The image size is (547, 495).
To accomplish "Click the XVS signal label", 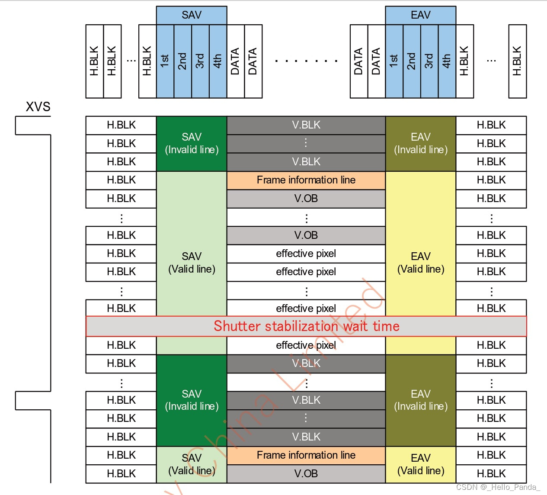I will [38, 106].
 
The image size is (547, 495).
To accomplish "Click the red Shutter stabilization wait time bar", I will [306, 326].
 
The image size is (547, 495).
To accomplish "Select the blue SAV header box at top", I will [192, 15].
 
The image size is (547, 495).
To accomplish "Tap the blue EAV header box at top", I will [420, 15].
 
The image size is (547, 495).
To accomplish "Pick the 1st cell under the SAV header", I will [165, 61].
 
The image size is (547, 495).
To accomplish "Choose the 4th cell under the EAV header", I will [447, 61].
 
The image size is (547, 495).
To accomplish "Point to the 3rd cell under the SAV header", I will [200, 61].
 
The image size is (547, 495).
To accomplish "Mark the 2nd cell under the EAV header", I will [412, 61].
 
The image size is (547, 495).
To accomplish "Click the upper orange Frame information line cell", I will [306, 180].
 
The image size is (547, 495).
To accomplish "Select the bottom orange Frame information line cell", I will [306, 455].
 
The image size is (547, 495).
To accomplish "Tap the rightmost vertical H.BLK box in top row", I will [517, 61].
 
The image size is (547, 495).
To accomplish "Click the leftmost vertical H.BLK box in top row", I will [95, 61].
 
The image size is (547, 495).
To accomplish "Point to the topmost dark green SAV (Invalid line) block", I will [192, 144].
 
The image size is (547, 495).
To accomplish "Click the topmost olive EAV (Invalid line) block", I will [420, 144].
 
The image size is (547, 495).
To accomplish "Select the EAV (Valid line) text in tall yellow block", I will [420, 263].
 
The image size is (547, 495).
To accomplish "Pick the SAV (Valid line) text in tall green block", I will [192, 263].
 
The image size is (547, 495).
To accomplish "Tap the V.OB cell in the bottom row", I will [306, 474].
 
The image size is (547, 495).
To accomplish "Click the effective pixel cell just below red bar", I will [306, 345].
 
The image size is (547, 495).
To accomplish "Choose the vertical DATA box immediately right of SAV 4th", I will [236, 61].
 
